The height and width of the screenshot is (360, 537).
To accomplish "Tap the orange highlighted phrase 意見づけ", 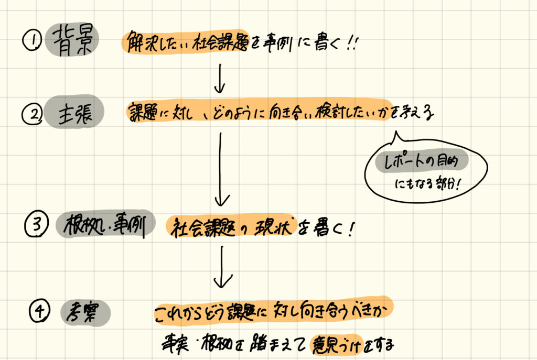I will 336,344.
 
